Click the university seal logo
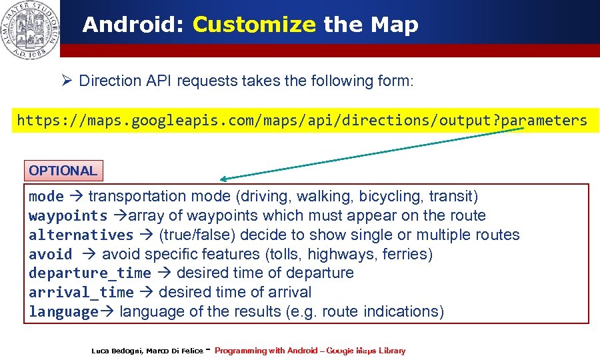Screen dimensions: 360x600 (x=30, y=29)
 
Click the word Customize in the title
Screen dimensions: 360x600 (x=253, y=25)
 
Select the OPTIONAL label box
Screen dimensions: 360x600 (x=63, y=171)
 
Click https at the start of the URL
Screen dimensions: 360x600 (x=37, y=121)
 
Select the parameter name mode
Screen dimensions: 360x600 (x=46, y=197)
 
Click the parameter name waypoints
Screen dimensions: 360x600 (x=68, y=216)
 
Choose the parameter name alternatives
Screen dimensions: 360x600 (x=81, y=235)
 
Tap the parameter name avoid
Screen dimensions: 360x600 (x=50, y=255)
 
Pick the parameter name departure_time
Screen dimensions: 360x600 (x=89, y=273)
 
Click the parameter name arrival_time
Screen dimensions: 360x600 (x=81, y=293)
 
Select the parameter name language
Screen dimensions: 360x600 (x=63, y=312)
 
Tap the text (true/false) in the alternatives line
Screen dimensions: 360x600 (x=197, y=235)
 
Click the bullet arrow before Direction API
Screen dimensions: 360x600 (x=67, y=81)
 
